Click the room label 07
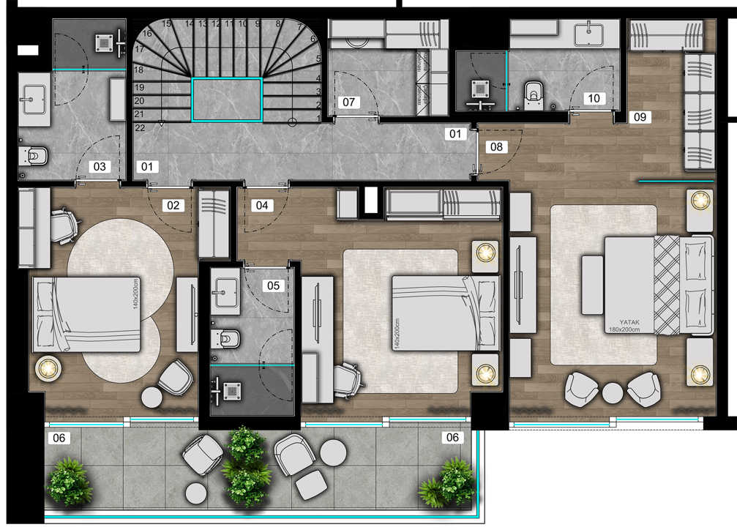click(x=348, y=102)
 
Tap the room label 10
click(x=594, y=98)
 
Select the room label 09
click(x=640, y=116)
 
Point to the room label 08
click(x=496, y=146)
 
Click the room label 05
click(x=273, y=285)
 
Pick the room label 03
click(x=100, y=166)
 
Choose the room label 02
click(x=173, y=205)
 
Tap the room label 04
click(x=262, y=205)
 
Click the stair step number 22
click(x=140, y=128)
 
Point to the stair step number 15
click(x=166, y=23)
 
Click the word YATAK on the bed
click(x=629, y=322)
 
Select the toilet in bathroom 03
click(x=34, y=156)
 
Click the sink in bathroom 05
click(x=225, y=293)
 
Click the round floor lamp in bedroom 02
click(x=48, y=369)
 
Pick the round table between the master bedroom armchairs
click(x=613, y=393)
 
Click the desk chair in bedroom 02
click(x=64, y=225)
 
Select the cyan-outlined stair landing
click(x=227, y=100)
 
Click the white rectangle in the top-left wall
click(x=28, y=50)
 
